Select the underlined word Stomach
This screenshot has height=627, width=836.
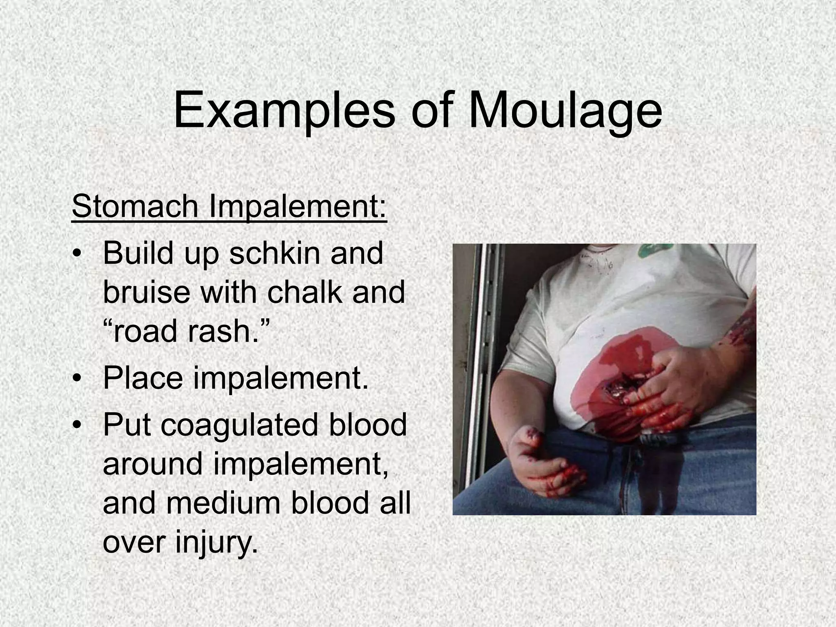(x=135, y=207)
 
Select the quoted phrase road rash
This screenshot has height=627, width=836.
(x=186, y=331)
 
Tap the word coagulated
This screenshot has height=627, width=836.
(x=239, y=425)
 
